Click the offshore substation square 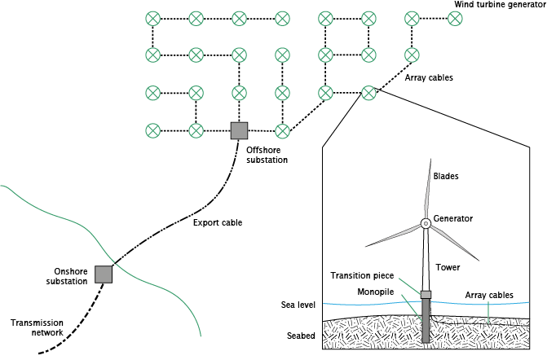(239, 130)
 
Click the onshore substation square (103, 274)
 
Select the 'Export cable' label (218, 222)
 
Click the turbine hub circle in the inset (425, 223)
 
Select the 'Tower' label (448, 266)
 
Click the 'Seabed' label (301, 336)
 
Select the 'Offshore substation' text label (267, 155)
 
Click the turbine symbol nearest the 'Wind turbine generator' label (455, 18)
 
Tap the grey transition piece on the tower (425, 294)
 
